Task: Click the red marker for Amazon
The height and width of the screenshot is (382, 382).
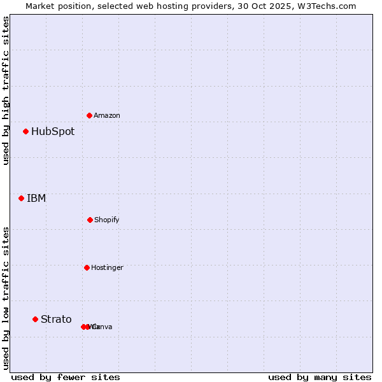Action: [89, 115]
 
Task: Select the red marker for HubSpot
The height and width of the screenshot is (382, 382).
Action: [26, 132]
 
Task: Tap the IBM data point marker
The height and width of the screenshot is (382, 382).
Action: [22, 198]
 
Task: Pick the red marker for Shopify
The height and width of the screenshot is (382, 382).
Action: [90, 220]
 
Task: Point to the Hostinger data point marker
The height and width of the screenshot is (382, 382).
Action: [87, 267]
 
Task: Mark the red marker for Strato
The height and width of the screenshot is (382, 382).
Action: [36, 319]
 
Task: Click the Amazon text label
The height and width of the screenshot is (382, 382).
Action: [107, 116]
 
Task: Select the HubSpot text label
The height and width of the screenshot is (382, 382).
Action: [53, 132]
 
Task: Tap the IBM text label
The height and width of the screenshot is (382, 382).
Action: [36, 198]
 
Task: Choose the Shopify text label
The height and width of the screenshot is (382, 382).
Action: [107, 220]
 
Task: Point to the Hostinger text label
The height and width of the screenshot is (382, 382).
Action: [107, 268]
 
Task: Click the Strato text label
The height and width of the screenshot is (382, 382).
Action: [56, 320]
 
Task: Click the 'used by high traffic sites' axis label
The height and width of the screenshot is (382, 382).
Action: [6, 90]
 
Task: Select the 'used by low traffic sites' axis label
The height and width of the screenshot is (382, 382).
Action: [6, 298]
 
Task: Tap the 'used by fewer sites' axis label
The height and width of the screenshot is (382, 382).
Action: [66, 377]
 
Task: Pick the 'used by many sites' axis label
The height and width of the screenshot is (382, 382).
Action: [320, 377]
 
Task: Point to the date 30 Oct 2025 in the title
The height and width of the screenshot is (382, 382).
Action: [268, 6]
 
